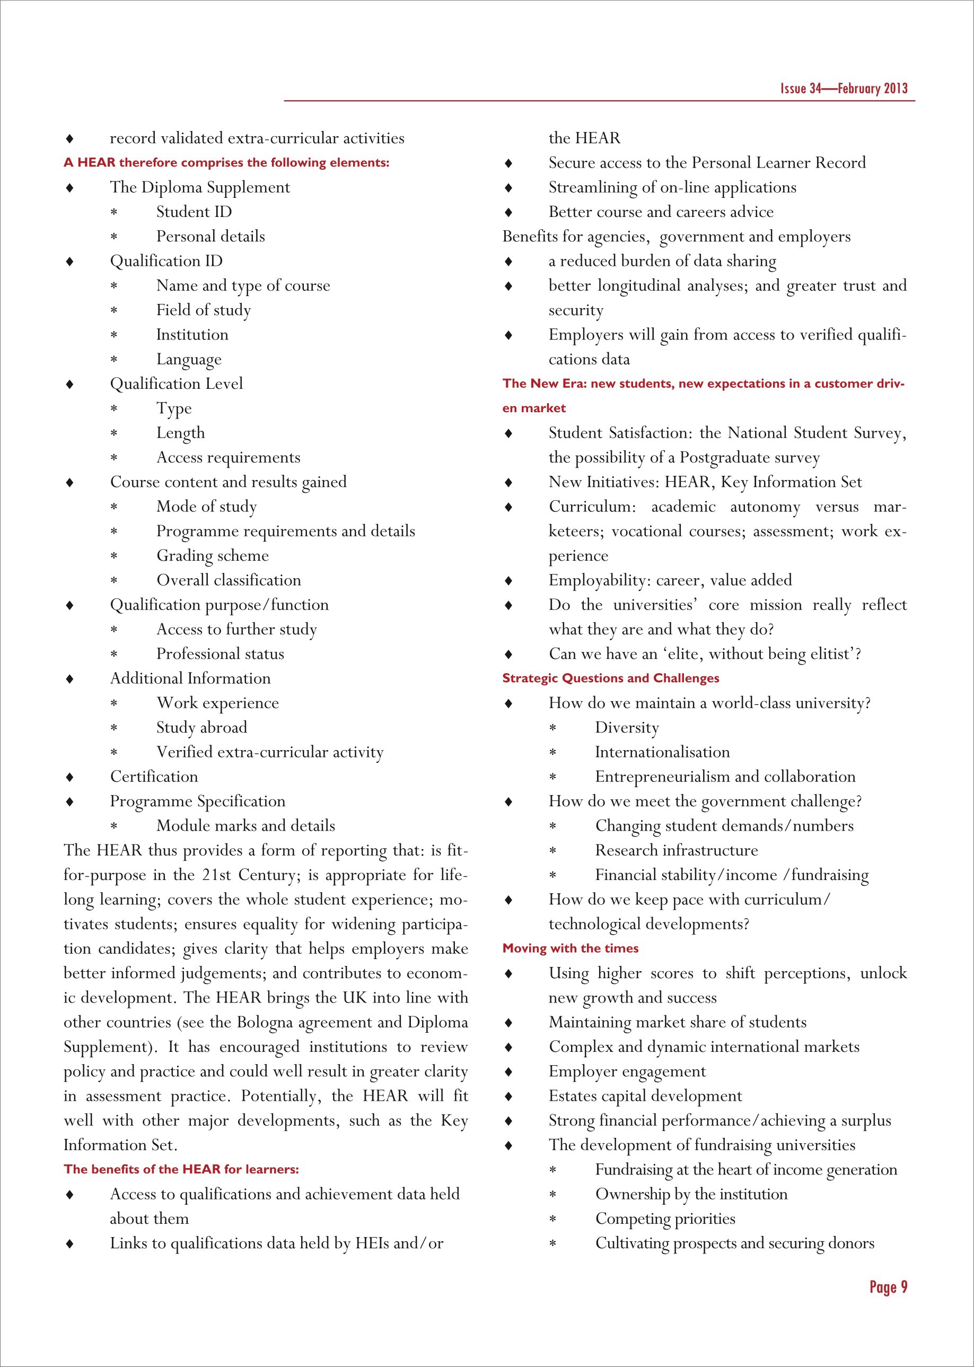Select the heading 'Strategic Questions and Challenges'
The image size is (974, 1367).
click(x=611, y=678)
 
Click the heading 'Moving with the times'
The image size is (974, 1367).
click(x=571, y=948)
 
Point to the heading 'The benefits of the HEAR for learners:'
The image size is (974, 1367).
click(x=181, y=1169)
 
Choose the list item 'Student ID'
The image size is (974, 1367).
click(x=194, y=212)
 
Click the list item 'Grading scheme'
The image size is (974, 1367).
click(x=212, y=556)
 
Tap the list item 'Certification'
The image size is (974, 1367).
click(x=154, y=777)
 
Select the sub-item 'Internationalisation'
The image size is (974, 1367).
click(x=662, y=752)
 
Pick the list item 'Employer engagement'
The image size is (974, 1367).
click(x=627, y=1071)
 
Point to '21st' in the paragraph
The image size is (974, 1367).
click(x=216, y=875)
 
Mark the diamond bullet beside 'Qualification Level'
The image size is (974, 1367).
click(x=69, y=384)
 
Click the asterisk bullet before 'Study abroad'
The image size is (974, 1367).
click(x=113, y=728)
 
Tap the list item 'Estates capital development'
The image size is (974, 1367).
click(x=645, y=1096)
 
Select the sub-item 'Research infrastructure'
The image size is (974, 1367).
click(x=676, y=850)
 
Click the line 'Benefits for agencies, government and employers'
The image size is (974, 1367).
click(x=676, y=237)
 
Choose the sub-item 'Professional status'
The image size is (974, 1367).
click(x=220, y=654)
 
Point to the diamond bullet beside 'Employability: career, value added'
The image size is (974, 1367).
click(x=508, y=581)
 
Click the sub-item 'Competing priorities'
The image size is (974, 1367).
click(x=664, y=1219)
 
